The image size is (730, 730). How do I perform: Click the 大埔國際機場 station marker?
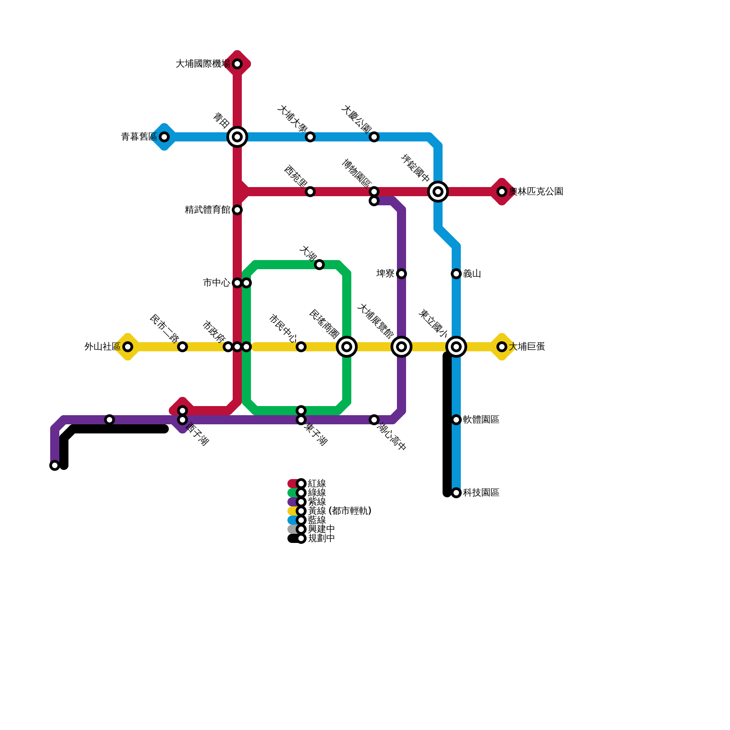237,64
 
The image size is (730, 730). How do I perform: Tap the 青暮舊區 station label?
139,137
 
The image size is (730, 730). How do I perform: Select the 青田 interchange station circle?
237,137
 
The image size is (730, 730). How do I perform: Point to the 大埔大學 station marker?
310,137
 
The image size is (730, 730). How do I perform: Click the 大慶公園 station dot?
374,137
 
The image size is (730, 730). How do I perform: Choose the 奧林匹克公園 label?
536,192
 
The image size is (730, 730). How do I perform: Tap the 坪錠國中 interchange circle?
438,192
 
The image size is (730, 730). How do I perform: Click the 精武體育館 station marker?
237,210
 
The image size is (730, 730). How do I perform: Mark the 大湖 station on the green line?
319,265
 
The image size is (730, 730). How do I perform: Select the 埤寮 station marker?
401,274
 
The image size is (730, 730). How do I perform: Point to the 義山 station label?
472,274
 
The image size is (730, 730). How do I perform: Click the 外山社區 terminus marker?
128,347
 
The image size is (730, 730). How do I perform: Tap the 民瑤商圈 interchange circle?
347,347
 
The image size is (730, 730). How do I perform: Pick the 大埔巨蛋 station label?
527,347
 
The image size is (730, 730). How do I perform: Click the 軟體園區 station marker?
456,420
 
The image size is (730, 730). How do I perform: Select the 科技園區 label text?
481,493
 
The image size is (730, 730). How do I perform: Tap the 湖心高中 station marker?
374,420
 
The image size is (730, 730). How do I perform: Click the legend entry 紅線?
317,484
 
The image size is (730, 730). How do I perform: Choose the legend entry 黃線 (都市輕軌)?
339,511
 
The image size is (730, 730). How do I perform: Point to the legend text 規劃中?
321,538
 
